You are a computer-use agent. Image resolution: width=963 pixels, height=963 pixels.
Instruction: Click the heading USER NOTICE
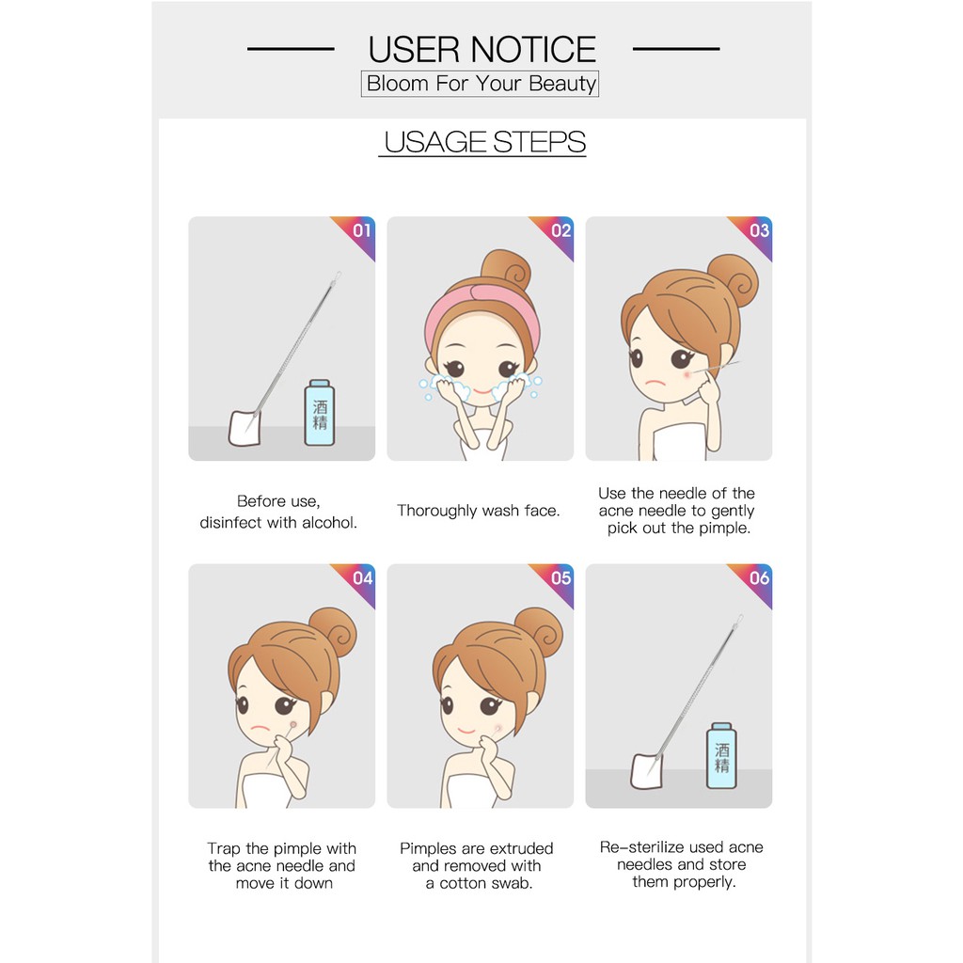click(481, 49)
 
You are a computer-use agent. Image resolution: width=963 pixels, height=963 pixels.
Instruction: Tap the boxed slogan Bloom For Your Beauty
click(481, 84)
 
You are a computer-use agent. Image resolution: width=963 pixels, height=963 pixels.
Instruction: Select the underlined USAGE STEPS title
click(483, 143)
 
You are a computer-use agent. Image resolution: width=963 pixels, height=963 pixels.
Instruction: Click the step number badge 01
click(361, 230)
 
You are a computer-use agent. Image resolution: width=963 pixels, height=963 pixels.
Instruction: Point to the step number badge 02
click(560, 230)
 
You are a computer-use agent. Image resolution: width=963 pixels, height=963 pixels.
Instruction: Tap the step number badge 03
click(759, 230)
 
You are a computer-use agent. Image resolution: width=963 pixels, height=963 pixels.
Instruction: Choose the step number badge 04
click(361, 578)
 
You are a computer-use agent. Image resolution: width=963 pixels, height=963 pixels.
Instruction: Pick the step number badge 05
click(560, 578)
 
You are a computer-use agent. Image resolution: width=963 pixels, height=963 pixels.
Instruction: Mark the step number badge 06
click(759, 578)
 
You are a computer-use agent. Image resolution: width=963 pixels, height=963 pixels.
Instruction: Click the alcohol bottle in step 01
click(320, 414)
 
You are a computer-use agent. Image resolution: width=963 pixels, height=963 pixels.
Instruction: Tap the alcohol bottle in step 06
click(721, 756)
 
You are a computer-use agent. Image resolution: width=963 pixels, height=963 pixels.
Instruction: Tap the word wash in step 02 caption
click(500, 511)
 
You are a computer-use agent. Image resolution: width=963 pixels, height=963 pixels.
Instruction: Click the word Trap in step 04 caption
click(224, 848)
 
